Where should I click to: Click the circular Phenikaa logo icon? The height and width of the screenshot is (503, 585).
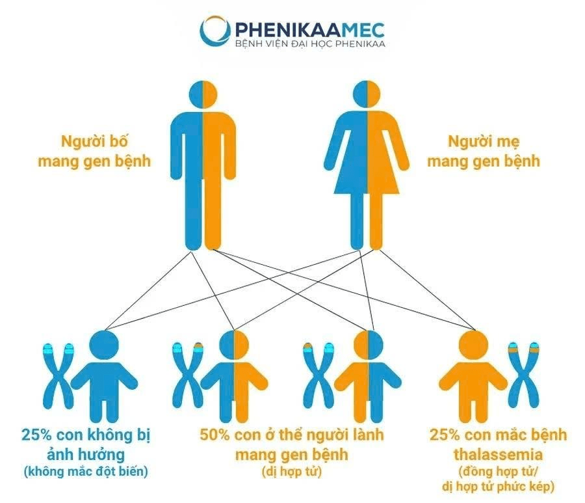click(x=215, y=31)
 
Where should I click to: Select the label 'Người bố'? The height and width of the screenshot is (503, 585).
click(x=94, y=141)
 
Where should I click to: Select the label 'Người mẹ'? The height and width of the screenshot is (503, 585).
click(x=484, y=141)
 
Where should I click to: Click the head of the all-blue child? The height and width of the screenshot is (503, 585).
click(x=105, y=345)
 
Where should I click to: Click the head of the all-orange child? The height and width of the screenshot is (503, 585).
click(x=473, y=345)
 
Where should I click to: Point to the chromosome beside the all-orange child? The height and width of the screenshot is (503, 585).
click(x=524, y=376)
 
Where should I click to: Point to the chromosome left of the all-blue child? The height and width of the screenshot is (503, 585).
click(x=58, y=376)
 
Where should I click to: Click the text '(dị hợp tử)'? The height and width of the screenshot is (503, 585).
click(x=292, y=472)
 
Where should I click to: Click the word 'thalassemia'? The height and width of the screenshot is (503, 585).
click(x=498, y=455)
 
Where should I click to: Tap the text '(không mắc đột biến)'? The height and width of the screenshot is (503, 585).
click(x=86, y=472)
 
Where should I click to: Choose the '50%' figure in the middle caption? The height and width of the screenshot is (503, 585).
click(x=214, y=435)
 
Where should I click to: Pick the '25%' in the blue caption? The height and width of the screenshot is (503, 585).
click(x=36, y=435)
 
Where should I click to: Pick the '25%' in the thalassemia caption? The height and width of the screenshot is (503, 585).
click(x=445, y=435)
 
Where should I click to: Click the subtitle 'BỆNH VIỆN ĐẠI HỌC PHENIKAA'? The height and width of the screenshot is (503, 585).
click(x=310, y=44)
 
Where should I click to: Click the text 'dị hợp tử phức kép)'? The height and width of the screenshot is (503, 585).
click(x=498, y=487)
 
